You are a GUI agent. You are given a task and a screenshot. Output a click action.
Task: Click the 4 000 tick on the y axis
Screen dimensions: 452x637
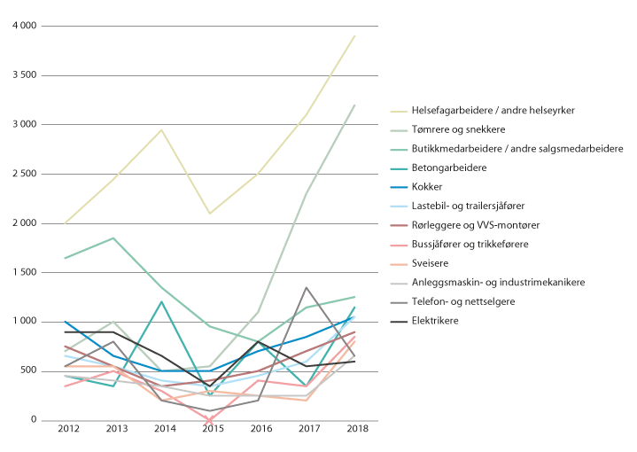pyautogui.click(x=24, y=27)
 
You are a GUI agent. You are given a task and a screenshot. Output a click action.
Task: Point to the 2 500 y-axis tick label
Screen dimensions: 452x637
pyautogui.click(x=24, y=174)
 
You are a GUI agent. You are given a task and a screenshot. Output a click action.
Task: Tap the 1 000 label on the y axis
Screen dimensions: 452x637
pyautogui.click(x=24, y=322)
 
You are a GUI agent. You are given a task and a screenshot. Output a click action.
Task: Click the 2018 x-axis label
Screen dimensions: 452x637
pyautogui.click(x=354, y=430)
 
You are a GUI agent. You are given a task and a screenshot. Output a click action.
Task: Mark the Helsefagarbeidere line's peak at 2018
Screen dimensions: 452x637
pyautogui.click(x=354, y=36)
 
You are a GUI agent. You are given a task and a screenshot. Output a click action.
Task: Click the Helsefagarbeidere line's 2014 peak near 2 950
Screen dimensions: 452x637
pyautogui.click(x=161, y=130)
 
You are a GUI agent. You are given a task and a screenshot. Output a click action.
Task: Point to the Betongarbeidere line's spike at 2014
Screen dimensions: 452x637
pyautogui.click(x=161, y=302)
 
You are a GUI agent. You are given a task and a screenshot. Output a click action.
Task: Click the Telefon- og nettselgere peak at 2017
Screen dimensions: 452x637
pyautogui.click(x=306, y=287)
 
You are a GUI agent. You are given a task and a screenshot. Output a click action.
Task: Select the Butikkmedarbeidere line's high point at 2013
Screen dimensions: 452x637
pyautogui.click(x=113, y=238)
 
